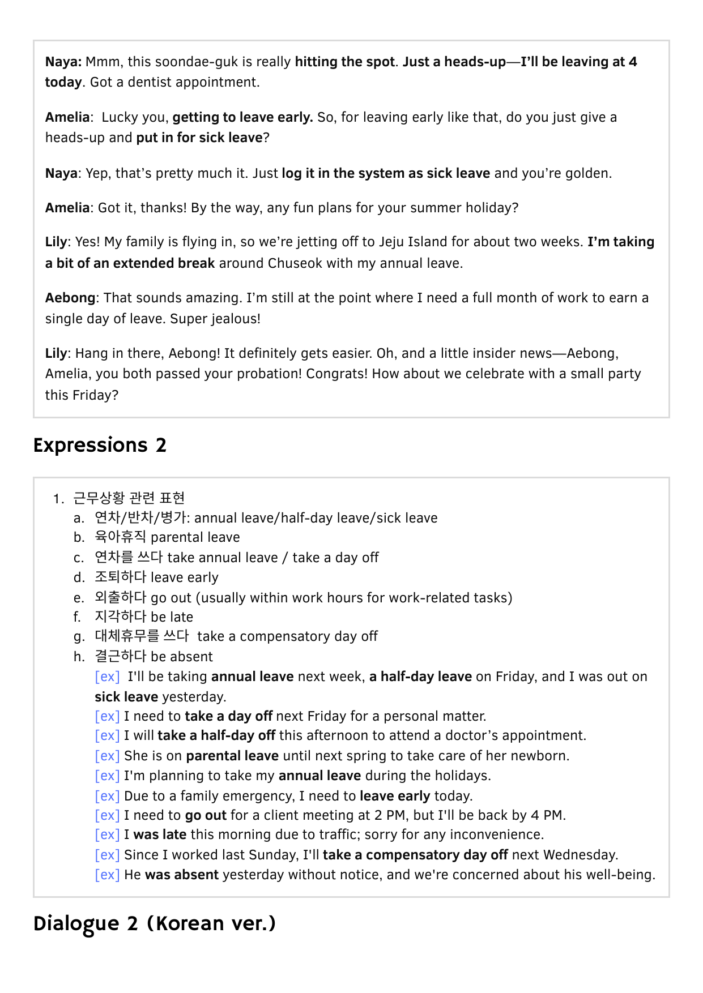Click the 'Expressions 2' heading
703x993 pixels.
(100, 446)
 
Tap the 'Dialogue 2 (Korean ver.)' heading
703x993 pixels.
(154, 923)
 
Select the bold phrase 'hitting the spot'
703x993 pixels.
(344, 62)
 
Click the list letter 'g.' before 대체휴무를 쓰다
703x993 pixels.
(79, 637)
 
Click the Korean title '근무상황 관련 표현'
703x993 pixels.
(129, 498)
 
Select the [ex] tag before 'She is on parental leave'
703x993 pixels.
(107, 756)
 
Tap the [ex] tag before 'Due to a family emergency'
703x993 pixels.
(107, 796)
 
